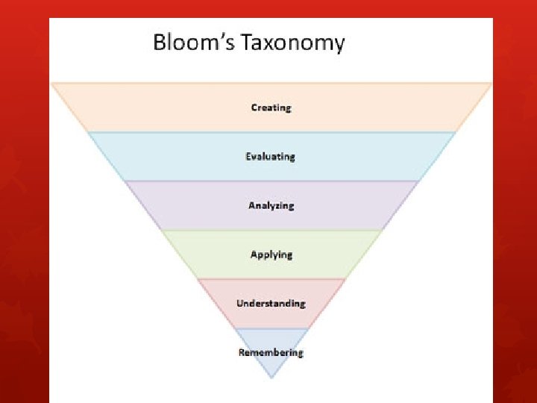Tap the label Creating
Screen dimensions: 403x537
[271, 107]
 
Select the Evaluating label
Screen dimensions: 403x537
[271, 157]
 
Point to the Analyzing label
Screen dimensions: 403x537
[271, 205]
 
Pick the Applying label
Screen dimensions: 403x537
[271, 254]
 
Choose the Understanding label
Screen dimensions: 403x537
[271, 303]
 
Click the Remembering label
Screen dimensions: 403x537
[271, 352]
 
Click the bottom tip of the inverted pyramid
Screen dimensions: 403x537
[271, 378]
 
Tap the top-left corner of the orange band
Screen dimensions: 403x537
[51, 83]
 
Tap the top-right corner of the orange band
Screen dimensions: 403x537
[492, 83]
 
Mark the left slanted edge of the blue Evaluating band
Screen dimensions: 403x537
[107, 157]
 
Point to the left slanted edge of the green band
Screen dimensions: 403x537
[180, 254]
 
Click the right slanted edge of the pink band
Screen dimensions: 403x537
[326, 303]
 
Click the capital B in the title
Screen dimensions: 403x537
[160, 42]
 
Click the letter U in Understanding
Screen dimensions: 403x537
[240, 303]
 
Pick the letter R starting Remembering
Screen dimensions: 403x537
[242, 352]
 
